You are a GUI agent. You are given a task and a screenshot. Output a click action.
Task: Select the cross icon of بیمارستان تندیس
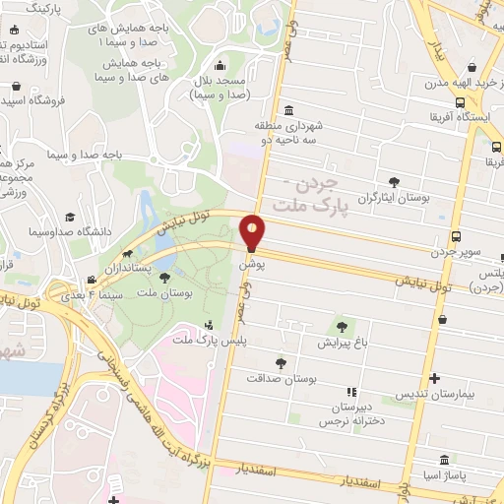pyautogui.click(x=434, y=378)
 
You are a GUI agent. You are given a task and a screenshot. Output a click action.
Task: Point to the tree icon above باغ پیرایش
pyautogui.click(x=341, y=327)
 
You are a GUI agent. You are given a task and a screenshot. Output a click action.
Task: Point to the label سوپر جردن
pyautogui.click(x=454, y=252)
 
